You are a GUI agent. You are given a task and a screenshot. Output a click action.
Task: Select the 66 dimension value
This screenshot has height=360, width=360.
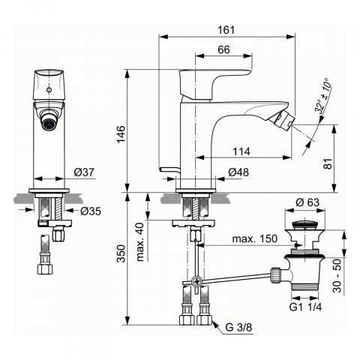223,49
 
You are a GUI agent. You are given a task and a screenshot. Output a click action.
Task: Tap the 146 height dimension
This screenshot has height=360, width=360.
118,134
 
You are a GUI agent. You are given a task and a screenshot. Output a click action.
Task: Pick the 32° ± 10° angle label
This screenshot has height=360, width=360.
324,97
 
